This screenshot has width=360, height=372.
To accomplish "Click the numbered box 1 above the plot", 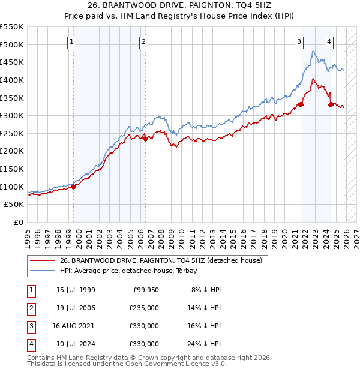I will pyautogui.click(x=71, y=41).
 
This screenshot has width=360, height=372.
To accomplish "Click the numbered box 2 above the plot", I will pyautogui.click(x=144, y=41).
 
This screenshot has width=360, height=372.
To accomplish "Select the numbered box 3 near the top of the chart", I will pyautogui.click(x=299, y=41).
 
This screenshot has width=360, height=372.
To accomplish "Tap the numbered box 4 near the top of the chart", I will pyautogui.click(x=329, y=41).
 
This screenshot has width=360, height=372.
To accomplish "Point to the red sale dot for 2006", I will pyautogui.click(x=145, y=139).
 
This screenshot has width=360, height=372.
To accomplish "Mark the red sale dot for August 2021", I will pyautogui.click(x=301, y=104).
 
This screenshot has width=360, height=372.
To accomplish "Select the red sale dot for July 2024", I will pyautogui.click(x=331, y=104).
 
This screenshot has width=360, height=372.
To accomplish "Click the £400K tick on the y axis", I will pyautogui.click(x=12, y=80).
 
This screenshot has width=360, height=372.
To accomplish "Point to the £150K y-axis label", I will pyautogui.click(x=12, y=169).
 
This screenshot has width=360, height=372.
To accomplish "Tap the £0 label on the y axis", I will pyautogui.click(x=19, y=222).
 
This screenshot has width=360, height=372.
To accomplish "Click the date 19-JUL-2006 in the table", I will pyautogui.click(x=76, y=308).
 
